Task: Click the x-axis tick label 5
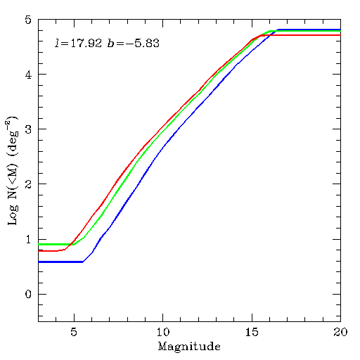[74, 332]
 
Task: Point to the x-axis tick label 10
[162, 332]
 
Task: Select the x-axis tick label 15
[252, 332]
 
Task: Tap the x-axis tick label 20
[340, 332]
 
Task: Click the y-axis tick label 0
[28, 294]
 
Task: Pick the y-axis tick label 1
[28, 239]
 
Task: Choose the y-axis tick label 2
[28, 184]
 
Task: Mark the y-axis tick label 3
[28, 129]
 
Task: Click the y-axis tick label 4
[28, 75]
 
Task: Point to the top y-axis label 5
[28, 20]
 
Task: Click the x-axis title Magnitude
[189, 347]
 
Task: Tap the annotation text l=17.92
[78, 43]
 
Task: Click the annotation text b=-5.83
[134, 43]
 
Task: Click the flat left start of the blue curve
[39, 262]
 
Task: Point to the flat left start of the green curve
[39, 245]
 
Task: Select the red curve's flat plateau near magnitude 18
[305, 35]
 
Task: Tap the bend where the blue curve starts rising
[83, 262]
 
